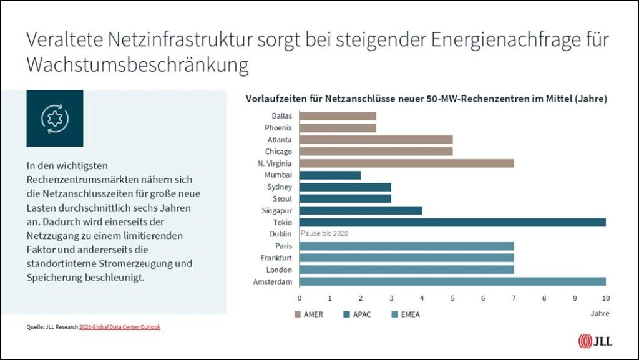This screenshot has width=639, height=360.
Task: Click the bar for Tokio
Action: (452, 222)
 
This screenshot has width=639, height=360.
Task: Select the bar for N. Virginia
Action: (406, 163)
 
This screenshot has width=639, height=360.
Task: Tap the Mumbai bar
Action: (329, 175)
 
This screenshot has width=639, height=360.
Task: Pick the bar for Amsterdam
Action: (452, 281)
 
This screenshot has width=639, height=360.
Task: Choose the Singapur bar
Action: (360, 210)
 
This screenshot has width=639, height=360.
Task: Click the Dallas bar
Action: (338, 115)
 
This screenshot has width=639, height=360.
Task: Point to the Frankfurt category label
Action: (276, 258)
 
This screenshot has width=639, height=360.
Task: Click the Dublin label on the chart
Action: (281, 234)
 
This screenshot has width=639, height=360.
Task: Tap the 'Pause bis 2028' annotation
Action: (324, 234)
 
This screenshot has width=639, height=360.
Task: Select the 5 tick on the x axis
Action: (452, 298)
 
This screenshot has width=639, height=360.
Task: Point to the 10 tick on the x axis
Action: (605, 298)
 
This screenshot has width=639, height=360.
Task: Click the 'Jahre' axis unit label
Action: (600, 313)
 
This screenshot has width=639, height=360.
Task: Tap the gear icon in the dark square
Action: (55, 118)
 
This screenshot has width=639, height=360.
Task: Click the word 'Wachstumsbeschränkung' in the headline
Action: (137, 65)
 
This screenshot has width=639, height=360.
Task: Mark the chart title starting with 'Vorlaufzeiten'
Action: (426, 99)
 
